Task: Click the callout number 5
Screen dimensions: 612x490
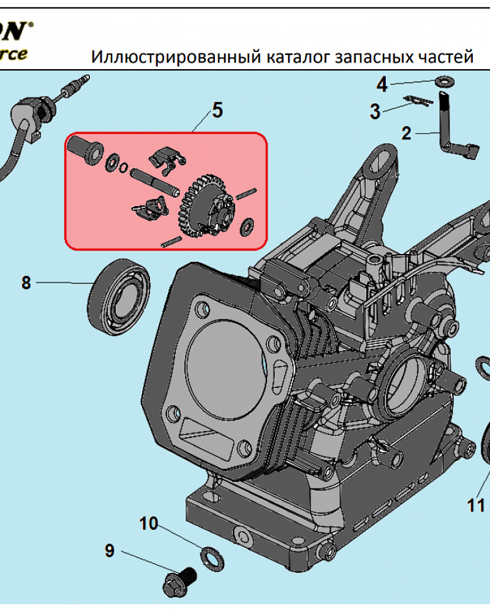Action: coord(217,110)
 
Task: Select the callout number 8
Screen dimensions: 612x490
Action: coord(26,283)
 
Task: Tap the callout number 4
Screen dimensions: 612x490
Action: coord(382,84)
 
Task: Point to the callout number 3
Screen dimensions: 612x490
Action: coord(375,112)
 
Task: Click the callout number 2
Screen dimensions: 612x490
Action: coord(407,133)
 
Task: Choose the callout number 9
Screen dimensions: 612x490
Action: coord(110,551)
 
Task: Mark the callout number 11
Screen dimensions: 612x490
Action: coord(476,506)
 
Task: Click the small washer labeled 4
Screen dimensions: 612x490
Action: coord(442,81)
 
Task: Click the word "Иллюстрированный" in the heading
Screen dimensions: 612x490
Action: coord(176,57)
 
